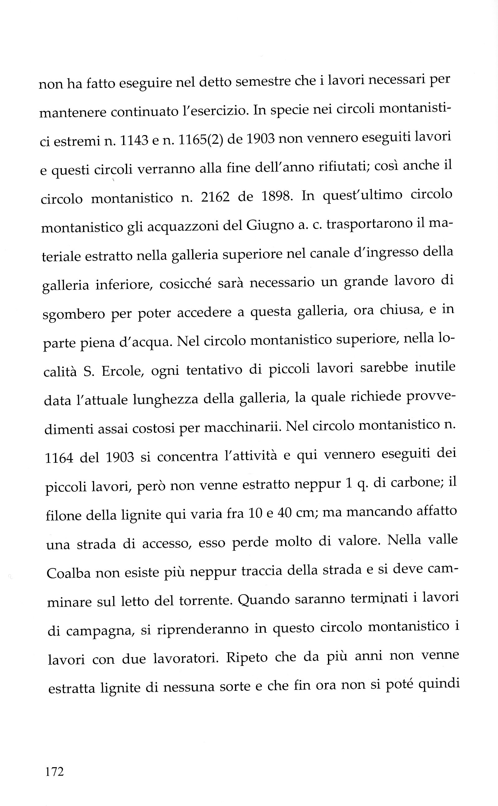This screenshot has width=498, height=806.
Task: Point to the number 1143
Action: click(x=134, y=141)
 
